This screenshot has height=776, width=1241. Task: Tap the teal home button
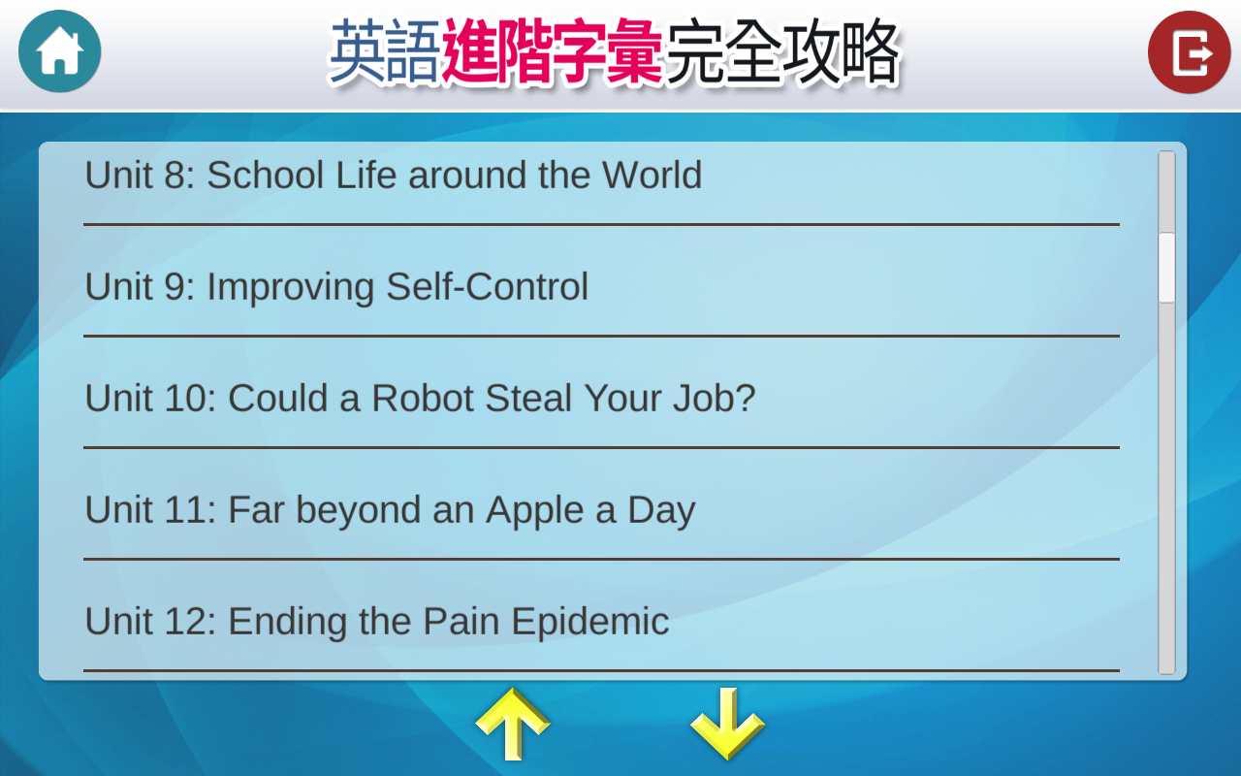(60, 51)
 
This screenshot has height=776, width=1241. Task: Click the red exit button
(1189, 52)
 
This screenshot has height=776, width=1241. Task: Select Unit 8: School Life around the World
(394, 176)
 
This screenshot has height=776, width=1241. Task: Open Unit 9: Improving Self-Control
(336, 286)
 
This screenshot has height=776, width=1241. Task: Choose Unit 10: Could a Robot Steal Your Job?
(420, 398)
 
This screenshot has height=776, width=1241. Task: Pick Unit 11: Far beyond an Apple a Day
(390, 510)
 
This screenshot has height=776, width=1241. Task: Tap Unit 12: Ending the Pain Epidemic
(377, 622)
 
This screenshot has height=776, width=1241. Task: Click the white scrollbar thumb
(1166, 268)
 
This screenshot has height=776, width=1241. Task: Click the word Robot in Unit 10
(422, 398)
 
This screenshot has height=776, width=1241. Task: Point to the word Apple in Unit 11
(534, 510)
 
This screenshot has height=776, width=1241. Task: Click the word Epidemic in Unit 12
(590, 622)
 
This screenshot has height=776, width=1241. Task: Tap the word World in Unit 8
(652, 176)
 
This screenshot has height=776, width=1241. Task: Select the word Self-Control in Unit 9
(487, 286)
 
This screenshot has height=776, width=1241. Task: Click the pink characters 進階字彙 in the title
(553, 51)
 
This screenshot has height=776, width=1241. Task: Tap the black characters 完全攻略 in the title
(782, 51)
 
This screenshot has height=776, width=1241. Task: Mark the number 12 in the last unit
(183, 621)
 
